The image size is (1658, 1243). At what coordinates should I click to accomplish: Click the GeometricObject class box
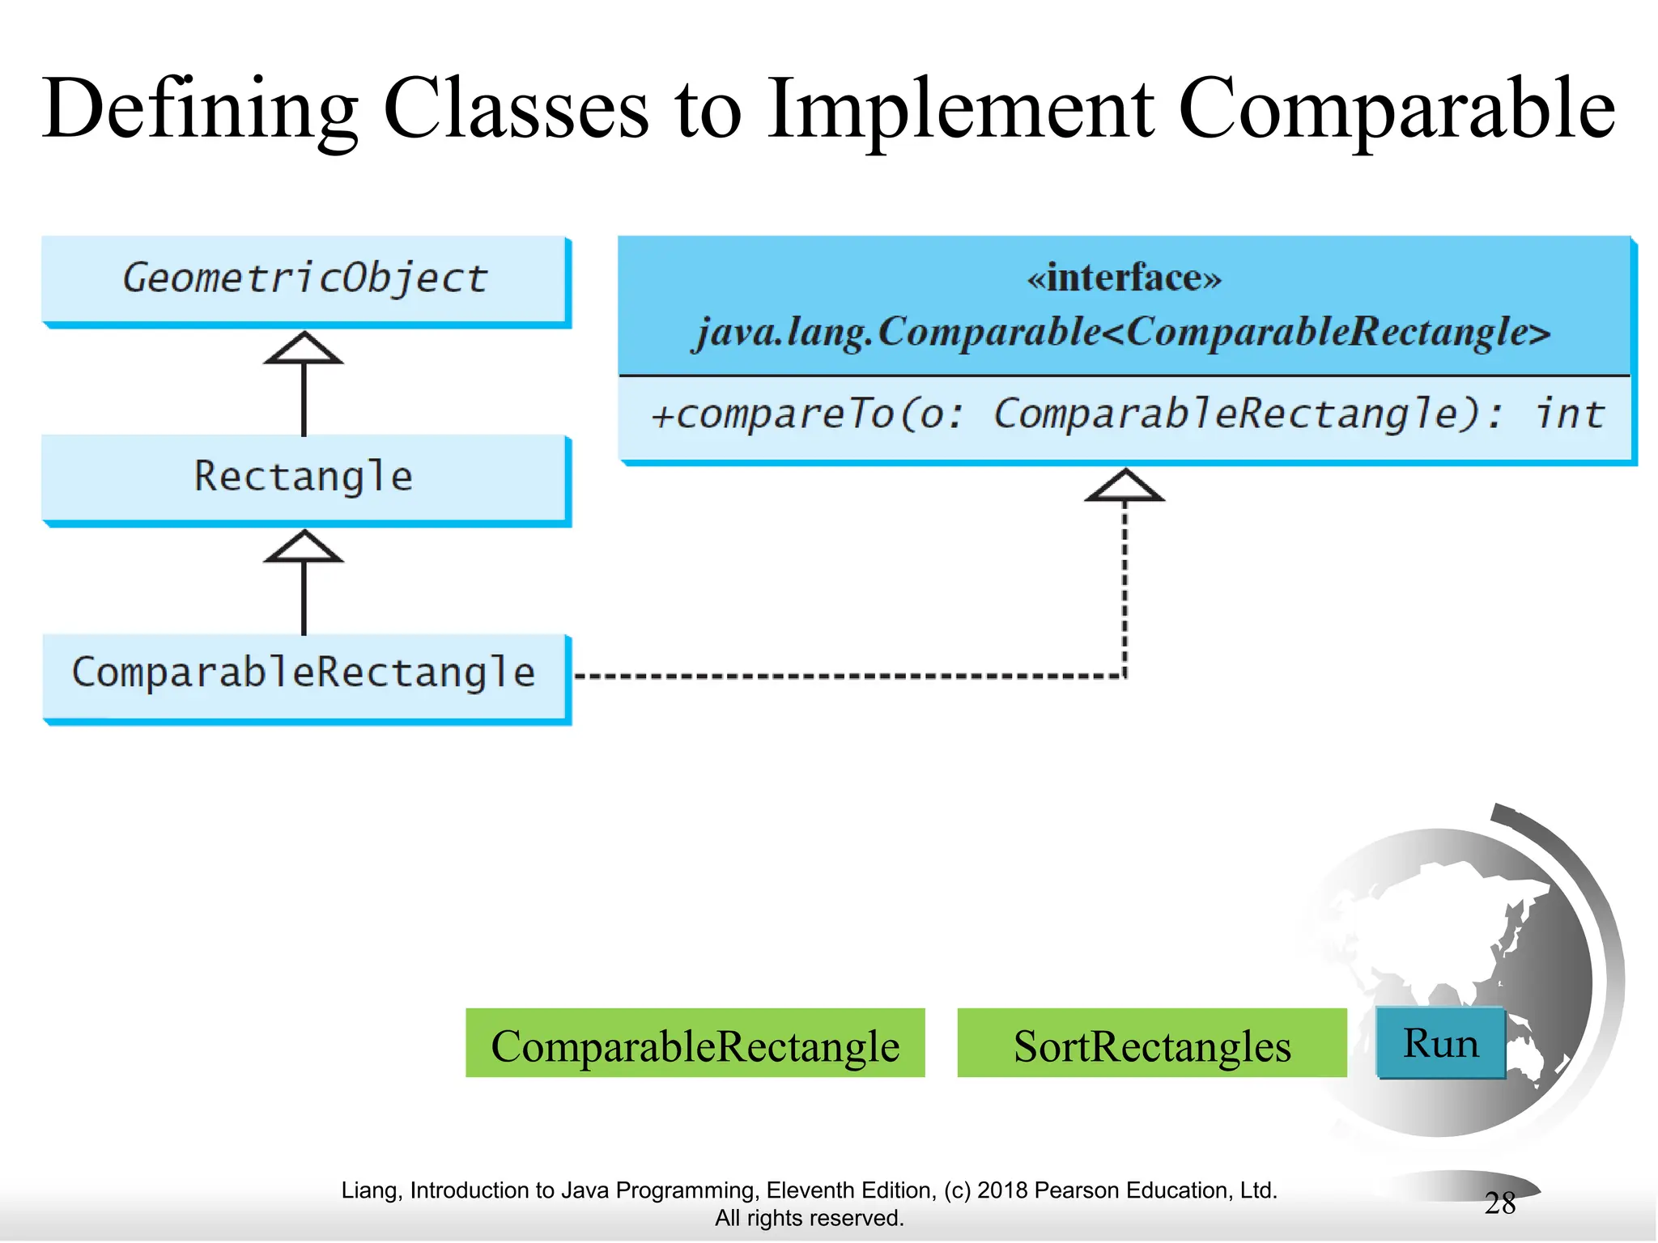(304, 279)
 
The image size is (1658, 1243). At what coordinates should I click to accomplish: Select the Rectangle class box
(304, 477)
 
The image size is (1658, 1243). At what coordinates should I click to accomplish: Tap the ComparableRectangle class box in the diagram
(304, 674)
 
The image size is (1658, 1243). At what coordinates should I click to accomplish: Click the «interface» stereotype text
(1124, 278)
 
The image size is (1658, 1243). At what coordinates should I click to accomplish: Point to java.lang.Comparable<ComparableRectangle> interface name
(1124, 332)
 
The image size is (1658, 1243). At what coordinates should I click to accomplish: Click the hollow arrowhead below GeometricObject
(304, 349)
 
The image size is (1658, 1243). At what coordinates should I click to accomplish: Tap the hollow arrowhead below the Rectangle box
(304, 547)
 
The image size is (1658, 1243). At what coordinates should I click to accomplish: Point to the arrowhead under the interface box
(1124, 486)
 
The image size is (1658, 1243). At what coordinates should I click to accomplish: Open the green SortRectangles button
(1151, 1044)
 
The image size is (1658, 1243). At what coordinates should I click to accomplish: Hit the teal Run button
(1440, 1043)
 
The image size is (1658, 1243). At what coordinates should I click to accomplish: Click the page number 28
(1499, 1203)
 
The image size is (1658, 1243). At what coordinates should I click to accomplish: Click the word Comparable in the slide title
(1396, 109)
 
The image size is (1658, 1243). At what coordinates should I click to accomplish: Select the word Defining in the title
(199, 109)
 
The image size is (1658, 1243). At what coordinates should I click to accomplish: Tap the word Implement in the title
(960, 109)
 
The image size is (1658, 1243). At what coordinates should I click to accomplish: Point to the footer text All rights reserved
(809, 1218)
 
